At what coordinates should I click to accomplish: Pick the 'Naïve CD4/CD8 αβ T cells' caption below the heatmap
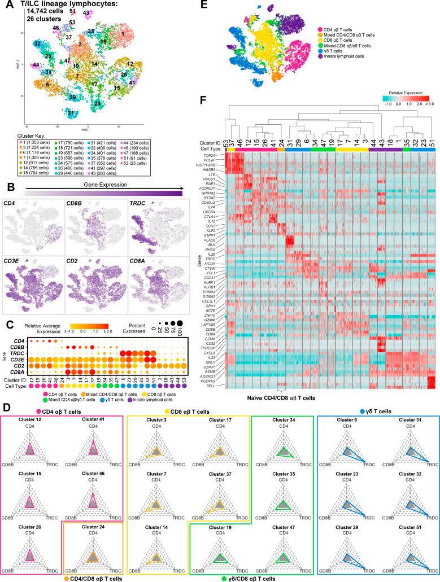[x=279, y=398]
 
